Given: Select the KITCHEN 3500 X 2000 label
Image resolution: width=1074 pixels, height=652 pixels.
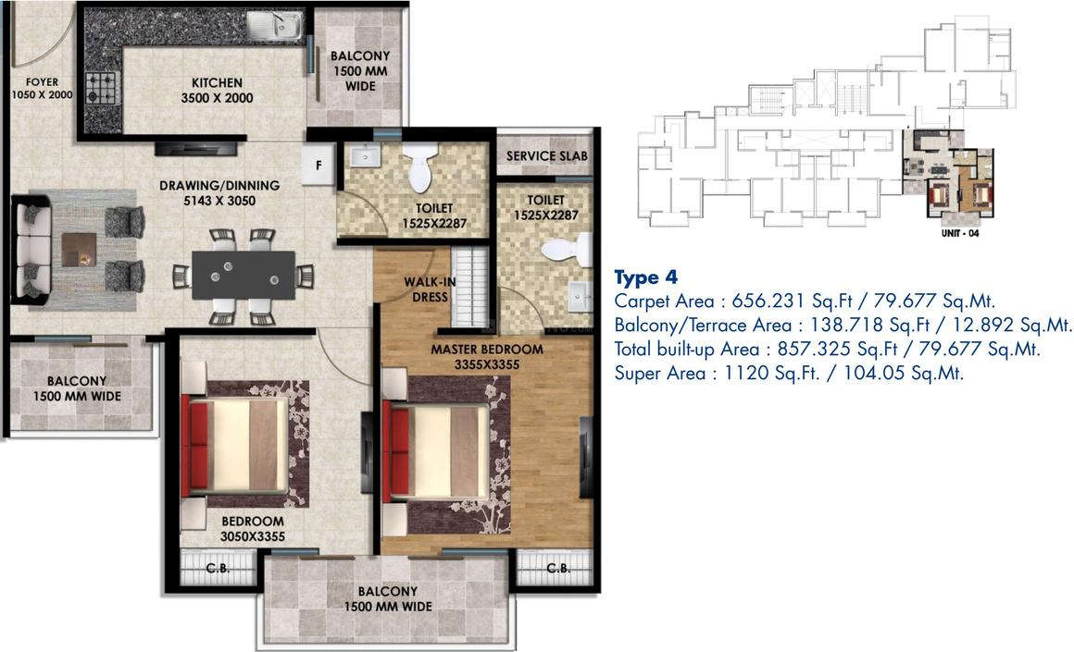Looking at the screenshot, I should tap(217, 90).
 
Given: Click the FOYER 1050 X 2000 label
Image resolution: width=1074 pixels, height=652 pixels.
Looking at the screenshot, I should tap(42, 89).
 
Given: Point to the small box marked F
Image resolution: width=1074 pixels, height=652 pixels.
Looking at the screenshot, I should tap(319, 166).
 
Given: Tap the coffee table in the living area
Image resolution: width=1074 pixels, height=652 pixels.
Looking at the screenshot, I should tap(80, 249).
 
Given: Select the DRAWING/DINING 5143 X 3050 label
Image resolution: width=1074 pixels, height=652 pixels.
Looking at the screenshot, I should tap(219, 192).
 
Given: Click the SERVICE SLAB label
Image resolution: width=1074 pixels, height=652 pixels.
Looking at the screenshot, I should tap(546, 156).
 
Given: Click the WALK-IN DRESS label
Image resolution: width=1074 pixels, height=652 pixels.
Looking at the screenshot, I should tap(427, 289).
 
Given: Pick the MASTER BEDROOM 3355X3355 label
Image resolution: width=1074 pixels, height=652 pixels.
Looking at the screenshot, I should tap(486, 357).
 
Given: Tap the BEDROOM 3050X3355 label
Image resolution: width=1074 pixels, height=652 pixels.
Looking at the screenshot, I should tap(252, 529).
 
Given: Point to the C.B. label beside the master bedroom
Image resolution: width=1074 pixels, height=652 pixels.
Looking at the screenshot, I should tap(557, 568).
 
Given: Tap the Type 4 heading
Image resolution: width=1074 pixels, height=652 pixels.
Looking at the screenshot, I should tap(646, 277).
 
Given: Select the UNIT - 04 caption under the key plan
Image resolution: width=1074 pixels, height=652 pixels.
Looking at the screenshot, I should tap(959, 233).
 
